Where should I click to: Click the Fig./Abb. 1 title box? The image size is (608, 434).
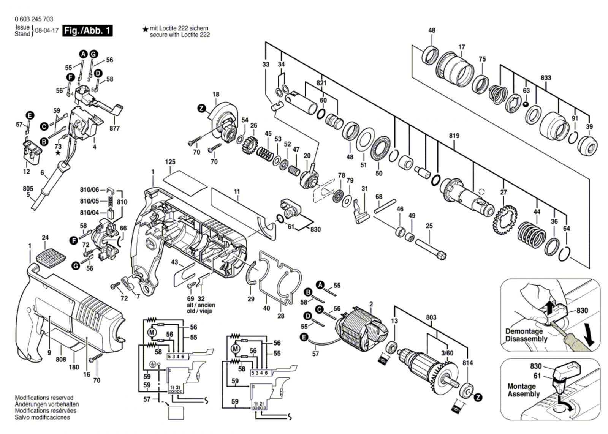click(87, 31)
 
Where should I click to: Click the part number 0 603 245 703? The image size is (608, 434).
click(34, 19)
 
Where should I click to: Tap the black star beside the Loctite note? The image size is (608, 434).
click(146, 29)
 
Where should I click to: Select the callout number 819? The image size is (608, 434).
click(454, 136)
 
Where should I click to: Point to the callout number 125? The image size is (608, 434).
click(170, 162)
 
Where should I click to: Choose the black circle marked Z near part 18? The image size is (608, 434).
click(201, 109)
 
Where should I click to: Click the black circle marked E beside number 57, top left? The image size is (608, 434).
click(30, 116)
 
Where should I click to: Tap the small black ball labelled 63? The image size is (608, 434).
click(526, 104)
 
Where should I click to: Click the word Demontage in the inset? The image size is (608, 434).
click(524, 331)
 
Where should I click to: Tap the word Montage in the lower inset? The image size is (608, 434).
click(521, 386)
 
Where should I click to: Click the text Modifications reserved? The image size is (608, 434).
click(44, 398)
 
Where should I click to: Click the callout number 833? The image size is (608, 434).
click(546, 78)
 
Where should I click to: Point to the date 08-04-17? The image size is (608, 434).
click(47, 30)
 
